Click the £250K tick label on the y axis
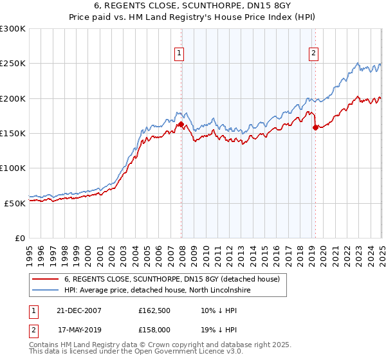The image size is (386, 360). pyautogui.click(x=13, y=64)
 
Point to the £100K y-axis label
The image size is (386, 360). pyautogui.click(x=13, y=168)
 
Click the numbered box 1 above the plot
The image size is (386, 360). pyautogui.click(x=179, y=54)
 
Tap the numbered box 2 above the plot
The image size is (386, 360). pyautogui.click(x=313, y=54)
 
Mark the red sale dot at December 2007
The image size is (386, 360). pyautogui.click(x=181, y=125)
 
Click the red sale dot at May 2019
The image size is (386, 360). pyautogui.click(x=315, y=127)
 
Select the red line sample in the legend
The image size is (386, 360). pyautogui.click(x=46, y=280)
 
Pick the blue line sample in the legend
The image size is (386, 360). pyautogui.click(x=46, y=291)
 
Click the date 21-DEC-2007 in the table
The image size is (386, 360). pyautogui.click(x=80, y=310)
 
